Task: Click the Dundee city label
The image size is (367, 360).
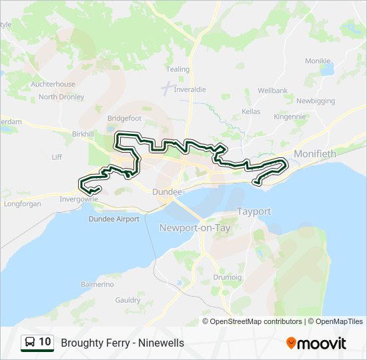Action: [167, 192]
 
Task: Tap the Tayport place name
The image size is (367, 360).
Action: [254, 211]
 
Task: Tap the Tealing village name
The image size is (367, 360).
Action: [177, 69]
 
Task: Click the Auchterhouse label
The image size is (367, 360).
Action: [53, 85]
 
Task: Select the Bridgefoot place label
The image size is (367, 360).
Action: [124, 118]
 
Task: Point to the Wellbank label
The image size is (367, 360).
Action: [272, 90]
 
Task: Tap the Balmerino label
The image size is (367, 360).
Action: [97, 284]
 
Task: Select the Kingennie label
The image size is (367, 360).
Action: [289, 115]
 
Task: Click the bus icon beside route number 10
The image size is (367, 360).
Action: [30, 343]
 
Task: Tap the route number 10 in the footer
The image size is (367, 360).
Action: [45, 343]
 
